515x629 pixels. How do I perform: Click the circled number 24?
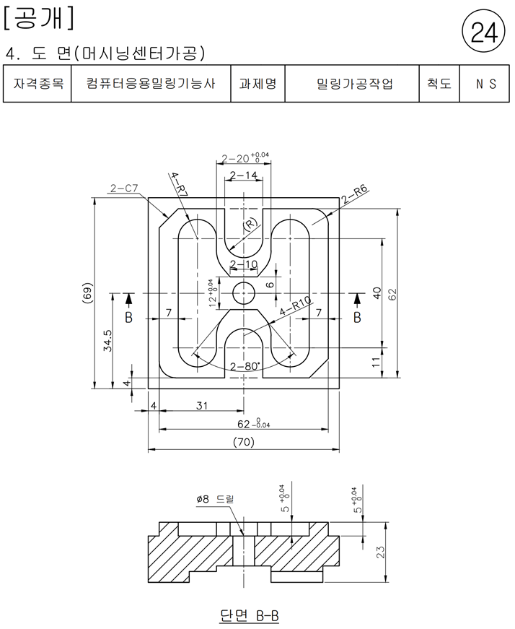[484, 32]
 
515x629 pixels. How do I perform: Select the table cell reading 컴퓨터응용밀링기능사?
[151, 84]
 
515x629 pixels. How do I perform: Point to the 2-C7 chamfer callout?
[124, 188]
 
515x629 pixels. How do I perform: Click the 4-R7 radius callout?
[180, 184]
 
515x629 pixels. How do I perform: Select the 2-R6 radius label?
[354, 194]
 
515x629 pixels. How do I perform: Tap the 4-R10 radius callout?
[296, 306]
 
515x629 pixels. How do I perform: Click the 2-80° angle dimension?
[245, 366]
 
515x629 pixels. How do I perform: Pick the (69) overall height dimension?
[89, 292]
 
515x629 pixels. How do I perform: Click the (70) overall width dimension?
[244, 442]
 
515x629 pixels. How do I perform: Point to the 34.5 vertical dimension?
[107, 341]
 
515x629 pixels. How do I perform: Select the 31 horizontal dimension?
[202, 406]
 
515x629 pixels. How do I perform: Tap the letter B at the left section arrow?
[128, 317]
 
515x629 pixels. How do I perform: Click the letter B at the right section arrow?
[357, 317]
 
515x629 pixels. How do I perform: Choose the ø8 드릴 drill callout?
[215, 499]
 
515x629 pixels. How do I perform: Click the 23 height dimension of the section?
[381, 552]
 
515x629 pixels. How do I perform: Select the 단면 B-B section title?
[250, 615]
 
